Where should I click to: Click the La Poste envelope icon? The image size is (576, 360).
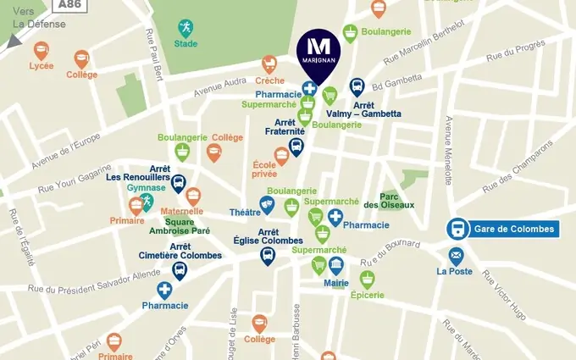click(x=457, y=256)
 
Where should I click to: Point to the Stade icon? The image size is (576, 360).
click(x=185, y=29)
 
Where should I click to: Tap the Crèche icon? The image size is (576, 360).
click(x=269, y=64)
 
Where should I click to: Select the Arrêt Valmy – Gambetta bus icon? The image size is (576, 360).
click(x=357, y=86)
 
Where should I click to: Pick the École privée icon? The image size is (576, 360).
click(x=281, y=155)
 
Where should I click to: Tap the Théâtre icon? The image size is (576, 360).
click(x=268, y=204)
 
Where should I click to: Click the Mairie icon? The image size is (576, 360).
click(x=336, y=266)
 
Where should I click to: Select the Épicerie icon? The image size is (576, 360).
click(x=367, y=279)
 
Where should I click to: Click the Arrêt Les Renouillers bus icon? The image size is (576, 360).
click(x=179, y=183)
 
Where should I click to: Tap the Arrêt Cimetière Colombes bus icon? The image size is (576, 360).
click(x=180, y=270)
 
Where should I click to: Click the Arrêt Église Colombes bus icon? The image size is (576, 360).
click(x=268, y=255)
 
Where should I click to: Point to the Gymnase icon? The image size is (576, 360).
click(x=146, y=201)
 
